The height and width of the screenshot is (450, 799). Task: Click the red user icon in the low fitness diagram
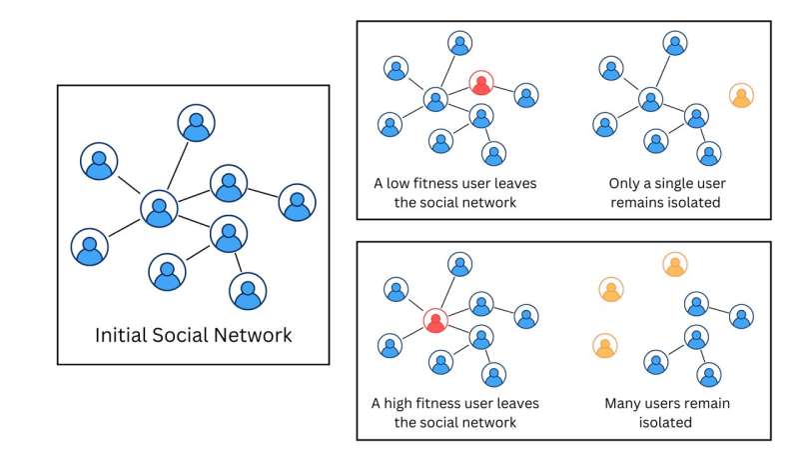[x=481, y=83]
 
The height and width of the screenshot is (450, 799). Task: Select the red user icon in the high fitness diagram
[x=435, y=321]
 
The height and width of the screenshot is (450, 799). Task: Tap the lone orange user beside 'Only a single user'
[x=741, y=95]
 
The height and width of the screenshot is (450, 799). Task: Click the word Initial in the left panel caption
[x=121, y=335]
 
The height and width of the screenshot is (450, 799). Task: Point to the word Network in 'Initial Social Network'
[x=253, y=335]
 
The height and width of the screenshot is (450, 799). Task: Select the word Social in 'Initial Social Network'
[x=180, y=335]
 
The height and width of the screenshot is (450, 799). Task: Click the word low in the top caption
[x=397, y=183]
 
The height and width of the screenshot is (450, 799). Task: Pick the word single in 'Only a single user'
[x=663, y=184]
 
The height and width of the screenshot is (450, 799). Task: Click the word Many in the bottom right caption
[x=619, y=404]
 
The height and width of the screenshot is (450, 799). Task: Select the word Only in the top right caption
[x=622, y=184]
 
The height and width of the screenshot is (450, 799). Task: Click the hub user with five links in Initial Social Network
[x=159, y=209]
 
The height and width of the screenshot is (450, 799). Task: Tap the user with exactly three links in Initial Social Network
[x=229, y=234]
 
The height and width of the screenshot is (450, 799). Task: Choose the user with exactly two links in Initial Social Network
[x=229, y=184]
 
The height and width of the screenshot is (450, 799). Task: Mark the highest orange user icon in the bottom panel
[x=675, y=265]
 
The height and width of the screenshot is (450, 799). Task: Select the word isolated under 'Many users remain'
[x=665, y=422]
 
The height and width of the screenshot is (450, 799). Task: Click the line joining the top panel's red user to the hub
[x=458, y=91]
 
